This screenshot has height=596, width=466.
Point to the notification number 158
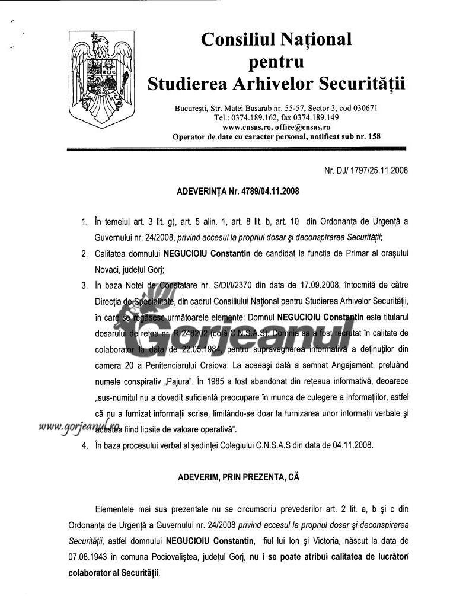point(373,136)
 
